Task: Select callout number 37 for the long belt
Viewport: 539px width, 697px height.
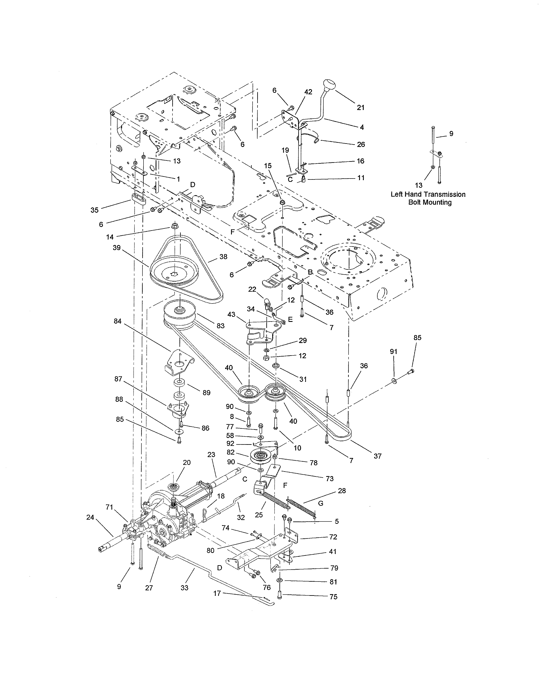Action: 378,456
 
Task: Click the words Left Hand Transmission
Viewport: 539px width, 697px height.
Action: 428,194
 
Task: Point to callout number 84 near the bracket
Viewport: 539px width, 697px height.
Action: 118,321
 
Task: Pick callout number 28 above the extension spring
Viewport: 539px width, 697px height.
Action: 342,490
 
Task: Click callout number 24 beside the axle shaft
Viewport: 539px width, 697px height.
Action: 90,517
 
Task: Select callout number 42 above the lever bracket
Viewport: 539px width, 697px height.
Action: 308,92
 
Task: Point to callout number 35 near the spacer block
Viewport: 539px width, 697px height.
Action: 94,210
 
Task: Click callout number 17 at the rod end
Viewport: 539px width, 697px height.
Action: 217,593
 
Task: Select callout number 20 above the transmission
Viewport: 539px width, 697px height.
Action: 187,463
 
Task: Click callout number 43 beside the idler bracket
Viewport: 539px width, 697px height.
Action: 231,315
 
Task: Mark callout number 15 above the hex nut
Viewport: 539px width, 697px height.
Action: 268,166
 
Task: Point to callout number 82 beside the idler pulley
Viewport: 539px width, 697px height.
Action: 231,452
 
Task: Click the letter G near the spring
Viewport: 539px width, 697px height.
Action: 321,503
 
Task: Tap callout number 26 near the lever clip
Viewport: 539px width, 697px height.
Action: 361,144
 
